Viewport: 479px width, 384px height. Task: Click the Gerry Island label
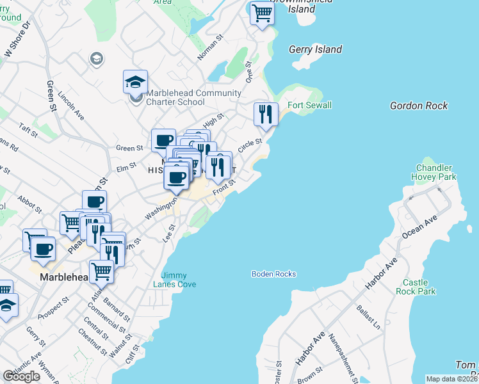point(315,49)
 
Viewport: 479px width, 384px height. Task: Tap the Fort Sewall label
point(309,105)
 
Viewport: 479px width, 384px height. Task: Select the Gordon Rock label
point(419,106)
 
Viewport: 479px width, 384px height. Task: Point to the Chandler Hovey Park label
point(435,172)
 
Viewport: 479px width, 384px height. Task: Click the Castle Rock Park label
point(419,287)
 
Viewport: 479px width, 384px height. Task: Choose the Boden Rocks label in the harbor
point(274,274)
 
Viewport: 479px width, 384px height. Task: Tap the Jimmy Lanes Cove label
point(174,280)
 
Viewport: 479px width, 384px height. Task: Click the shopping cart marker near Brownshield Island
point(263,12)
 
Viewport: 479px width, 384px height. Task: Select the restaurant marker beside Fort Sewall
point(266,115)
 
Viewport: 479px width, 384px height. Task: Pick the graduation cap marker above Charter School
point(136,82)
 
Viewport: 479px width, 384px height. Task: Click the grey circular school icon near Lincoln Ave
point(97,59)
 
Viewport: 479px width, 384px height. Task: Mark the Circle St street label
point(250,145)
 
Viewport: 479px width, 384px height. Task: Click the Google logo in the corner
point(22,376)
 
